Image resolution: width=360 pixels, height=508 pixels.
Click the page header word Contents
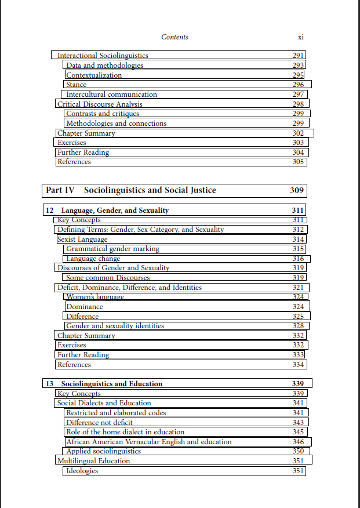(174, 37)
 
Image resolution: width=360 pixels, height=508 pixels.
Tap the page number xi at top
(300, 37)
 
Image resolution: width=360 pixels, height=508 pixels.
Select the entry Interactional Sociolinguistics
(103, 56)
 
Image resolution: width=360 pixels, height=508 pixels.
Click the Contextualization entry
(94, 75)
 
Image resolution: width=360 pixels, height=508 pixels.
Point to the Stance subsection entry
(77, 85)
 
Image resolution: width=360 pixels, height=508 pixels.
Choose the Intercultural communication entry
(111, 95)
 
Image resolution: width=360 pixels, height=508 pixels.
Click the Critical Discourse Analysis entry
(100, 104)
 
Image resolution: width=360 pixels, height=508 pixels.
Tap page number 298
(298, 104)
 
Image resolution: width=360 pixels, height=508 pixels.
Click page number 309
(296, 190)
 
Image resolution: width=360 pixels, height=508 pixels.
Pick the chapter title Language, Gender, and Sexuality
(115, 211)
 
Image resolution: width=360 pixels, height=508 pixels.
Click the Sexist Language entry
(82, 240)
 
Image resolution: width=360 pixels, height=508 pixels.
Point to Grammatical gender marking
(112, 249)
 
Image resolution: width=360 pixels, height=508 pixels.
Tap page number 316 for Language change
(298, 259)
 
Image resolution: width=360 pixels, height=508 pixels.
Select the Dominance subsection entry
(85, 307)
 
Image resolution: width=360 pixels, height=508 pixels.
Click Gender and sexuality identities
(115, 326)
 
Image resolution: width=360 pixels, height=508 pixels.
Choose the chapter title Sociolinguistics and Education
(111, 384)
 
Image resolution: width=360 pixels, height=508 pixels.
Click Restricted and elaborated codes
(116, 413)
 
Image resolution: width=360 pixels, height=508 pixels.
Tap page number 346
(298, 442)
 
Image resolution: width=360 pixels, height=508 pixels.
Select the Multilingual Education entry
(93, 461)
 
